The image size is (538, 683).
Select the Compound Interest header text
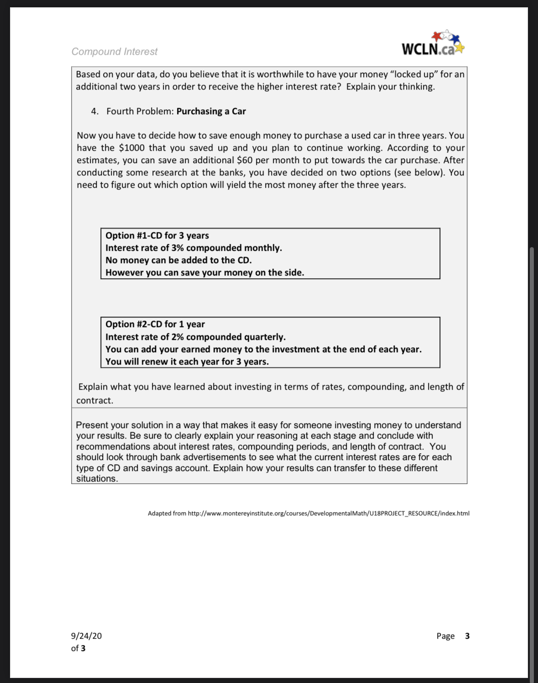click(x=114, y=52)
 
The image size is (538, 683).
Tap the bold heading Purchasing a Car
click(x=211, y=111)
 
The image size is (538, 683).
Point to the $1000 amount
click(x=131, y=148)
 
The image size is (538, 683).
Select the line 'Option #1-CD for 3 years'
click(x=157, y=236)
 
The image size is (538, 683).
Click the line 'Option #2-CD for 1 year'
click(x=155, y=324)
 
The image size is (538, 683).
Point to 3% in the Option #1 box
click(x=178, y=248)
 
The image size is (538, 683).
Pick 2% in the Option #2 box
click(x=178, y=337)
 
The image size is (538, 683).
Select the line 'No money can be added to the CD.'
click(x=178, y=260)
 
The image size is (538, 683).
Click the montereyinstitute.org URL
click(x=329, y=514)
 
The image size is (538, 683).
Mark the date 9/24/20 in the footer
click(x=86, y=636)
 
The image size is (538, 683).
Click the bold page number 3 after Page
click(x=467, y=636)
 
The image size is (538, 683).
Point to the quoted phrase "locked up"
click(x=413, y=74)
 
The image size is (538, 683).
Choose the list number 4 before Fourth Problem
click(x=94, y=111)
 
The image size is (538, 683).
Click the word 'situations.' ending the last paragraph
click(x=97, y=479)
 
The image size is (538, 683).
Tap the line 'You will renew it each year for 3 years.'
click(x=187, y=362)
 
